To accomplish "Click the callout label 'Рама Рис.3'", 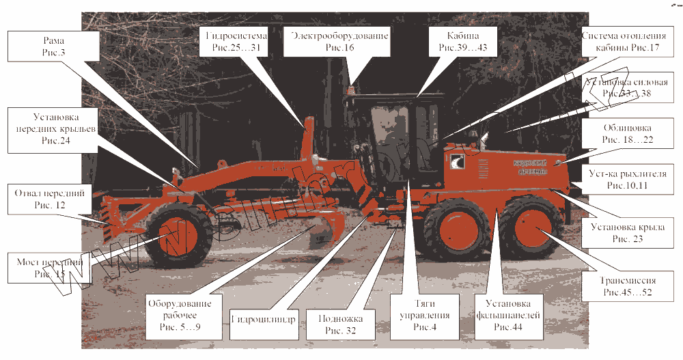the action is click(x=48, y=46).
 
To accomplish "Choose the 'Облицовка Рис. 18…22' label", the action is click(x=627, y=133).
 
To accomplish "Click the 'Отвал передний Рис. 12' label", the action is click(x=49, y=199).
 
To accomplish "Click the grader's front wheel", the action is click(x=180, y=234).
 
